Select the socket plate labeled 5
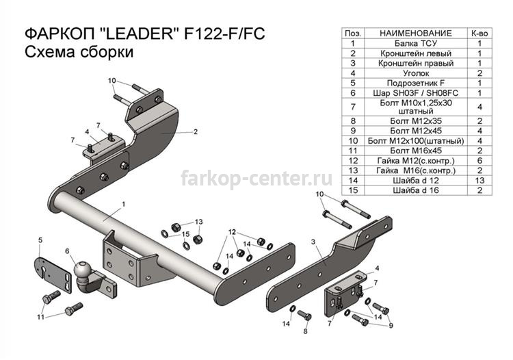click(53, 276)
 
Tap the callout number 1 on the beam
click(124, 204)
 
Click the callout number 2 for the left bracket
click(196, 132)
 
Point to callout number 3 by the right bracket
click(313, 242)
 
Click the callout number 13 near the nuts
click(198, 222)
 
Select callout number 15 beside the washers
click(185, 234)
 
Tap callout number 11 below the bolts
click(40, 317)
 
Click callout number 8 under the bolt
click(305, 331)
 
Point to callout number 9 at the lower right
click(391, 325)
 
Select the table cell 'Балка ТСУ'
click(415, 43)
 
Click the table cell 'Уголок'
click(415, 73)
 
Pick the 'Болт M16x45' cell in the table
click(415, 151)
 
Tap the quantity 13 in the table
click(479, 180)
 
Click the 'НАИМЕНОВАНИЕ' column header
click(415, 34)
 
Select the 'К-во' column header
click(479, 34)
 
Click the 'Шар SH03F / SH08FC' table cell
click(415, 93)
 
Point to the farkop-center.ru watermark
click(256, 179)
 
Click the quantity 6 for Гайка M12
click(479, 160)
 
